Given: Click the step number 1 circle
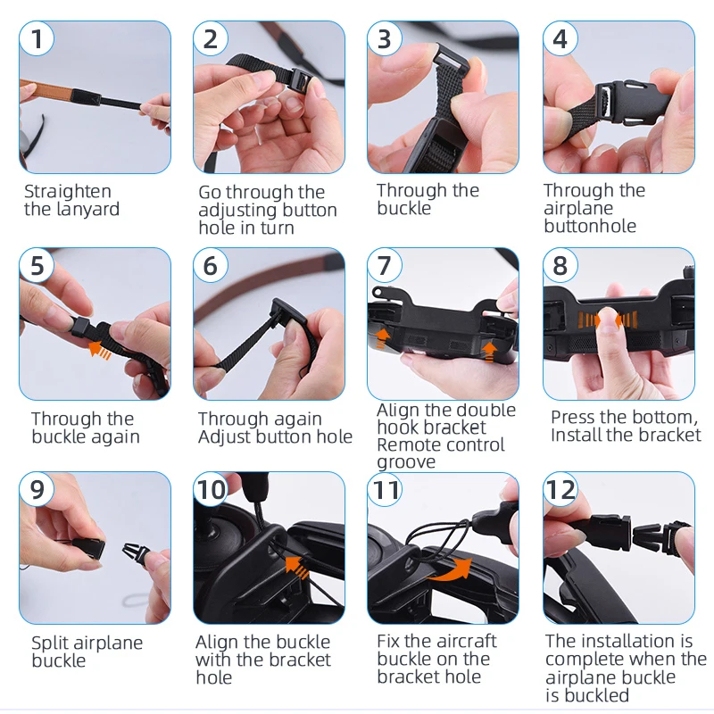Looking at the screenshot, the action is pos(37,38).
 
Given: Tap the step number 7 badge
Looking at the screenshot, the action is pos(385,265).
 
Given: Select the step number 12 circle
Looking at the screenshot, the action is pos(561,490).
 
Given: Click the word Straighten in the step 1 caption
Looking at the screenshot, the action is pos(68,192).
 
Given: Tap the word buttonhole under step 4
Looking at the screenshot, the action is pos(590,226).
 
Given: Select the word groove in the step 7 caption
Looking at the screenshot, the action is pos(406,462).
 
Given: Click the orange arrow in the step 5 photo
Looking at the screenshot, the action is pos(100,350).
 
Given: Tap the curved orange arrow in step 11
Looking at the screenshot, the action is pos(449,569).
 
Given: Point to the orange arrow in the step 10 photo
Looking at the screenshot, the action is pos(297,567).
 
